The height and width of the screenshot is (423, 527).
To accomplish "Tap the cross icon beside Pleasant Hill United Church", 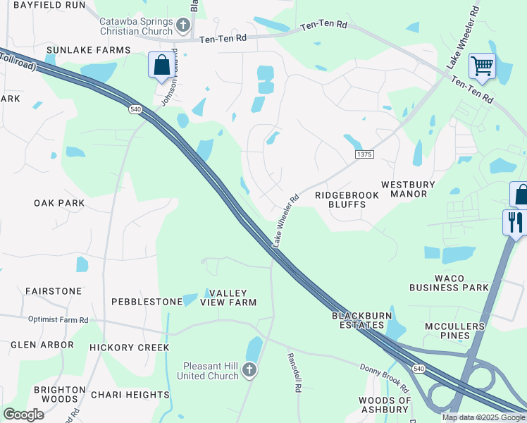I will (249, 371).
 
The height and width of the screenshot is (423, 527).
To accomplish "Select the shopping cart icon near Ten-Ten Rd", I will (482, 66).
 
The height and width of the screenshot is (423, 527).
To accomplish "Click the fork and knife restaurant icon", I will (514, 222).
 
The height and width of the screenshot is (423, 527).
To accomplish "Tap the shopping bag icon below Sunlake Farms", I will (161, 66).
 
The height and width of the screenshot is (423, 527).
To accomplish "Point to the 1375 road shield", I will (364, 154).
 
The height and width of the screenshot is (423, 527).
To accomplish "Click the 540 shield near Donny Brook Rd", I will (419, 369).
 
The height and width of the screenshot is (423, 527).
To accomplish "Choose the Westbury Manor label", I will (414, 189).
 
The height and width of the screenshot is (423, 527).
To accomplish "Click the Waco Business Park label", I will (447, 282).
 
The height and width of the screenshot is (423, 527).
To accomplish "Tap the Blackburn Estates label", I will (359, 320).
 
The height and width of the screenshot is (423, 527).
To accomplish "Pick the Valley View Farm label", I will (228, 297).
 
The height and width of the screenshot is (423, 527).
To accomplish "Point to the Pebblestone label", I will (147, 302).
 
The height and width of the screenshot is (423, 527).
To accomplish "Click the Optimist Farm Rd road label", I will (58, 319).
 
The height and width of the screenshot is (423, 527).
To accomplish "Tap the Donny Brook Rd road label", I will (384, 379).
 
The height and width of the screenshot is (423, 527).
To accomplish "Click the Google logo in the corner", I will (23, 415).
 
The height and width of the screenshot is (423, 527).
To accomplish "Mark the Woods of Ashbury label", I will (384, 405).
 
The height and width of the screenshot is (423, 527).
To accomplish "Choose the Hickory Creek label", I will (129, 348).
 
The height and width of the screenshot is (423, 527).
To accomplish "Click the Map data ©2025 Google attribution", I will (483, 417).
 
